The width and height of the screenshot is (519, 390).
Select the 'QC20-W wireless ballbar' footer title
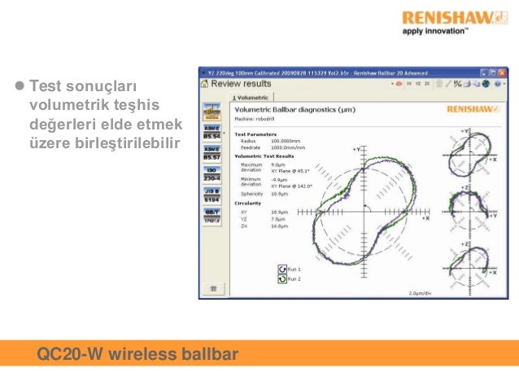coord(137,354)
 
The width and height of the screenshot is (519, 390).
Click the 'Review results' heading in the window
coord(241,83)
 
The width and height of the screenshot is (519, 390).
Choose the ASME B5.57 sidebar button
coord(212,154)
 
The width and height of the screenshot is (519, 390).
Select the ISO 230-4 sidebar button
coord(212,174)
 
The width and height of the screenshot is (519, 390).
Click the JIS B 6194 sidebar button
coord(212,195)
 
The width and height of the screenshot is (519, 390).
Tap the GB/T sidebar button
coord(212,216)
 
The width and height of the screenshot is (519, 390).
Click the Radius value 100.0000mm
coord(286,140)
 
